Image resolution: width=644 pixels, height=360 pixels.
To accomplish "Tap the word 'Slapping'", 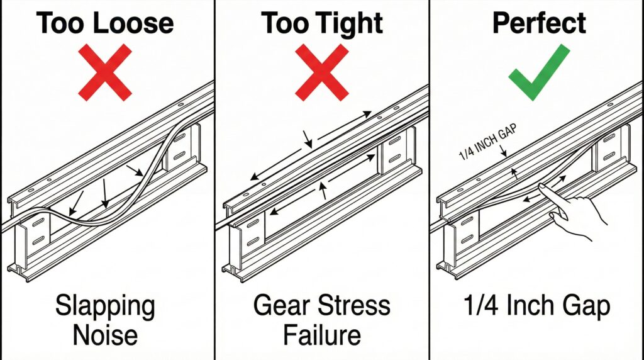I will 105,307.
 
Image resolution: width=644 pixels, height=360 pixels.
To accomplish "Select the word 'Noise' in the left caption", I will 105,334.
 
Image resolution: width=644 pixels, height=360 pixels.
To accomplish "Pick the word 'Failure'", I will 321,334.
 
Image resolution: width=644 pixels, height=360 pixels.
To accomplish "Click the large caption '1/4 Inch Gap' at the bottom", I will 540,307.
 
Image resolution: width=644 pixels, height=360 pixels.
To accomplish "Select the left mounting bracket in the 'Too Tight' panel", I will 248,233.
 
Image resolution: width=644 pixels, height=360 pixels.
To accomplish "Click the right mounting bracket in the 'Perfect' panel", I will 608,148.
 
